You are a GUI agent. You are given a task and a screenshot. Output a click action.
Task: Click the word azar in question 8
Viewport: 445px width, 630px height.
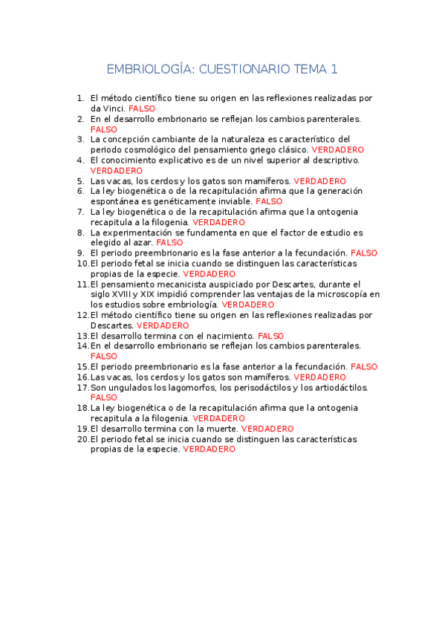coord(143,242)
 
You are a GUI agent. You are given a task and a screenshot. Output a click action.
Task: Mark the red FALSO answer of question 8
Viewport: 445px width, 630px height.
coord(169,242)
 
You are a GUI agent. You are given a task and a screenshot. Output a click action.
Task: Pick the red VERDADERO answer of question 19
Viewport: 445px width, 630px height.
coord(267,429)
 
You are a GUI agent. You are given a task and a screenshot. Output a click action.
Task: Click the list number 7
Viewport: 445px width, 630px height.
coord(80,212)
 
